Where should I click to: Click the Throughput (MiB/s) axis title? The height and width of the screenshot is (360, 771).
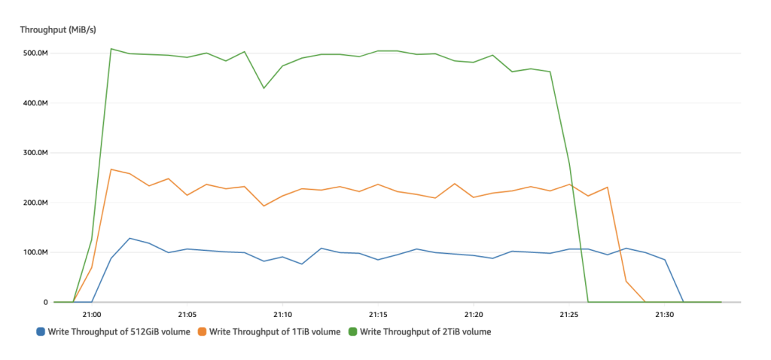[x=58, y=29]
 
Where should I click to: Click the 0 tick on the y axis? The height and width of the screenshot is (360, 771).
[x=45, y=302]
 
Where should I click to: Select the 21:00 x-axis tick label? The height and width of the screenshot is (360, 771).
[x=92, y=314]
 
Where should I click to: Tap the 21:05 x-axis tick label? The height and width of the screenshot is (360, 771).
[x=187, y=314]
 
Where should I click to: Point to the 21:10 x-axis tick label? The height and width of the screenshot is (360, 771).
[x=282, y=314]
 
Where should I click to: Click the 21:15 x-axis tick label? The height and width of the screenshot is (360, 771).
[x=378, y=314]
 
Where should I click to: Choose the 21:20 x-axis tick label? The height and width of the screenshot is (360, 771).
[x=474, y=314]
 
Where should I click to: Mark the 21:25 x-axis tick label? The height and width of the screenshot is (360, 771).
[x=569, y=314]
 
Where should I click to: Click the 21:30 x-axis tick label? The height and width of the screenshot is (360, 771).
[x=665, y=314]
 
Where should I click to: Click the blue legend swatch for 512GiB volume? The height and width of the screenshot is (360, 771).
[x=40, y=331]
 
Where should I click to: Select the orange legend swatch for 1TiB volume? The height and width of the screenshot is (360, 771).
[x=202, y=331]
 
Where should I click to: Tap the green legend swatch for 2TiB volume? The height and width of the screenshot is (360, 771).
[x=354, y=331]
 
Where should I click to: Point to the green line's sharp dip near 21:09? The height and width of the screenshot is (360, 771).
[x=264, y=88]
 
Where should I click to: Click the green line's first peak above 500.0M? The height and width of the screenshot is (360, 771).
[x=111, y=49]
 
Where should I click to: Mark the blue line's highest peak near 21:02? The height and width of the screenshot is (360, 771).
[x=130, y=238]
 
